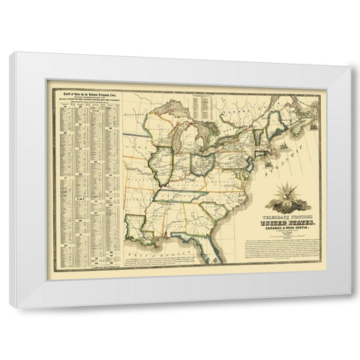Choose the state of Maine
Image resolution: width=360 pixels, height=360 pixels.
[278, 105]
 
